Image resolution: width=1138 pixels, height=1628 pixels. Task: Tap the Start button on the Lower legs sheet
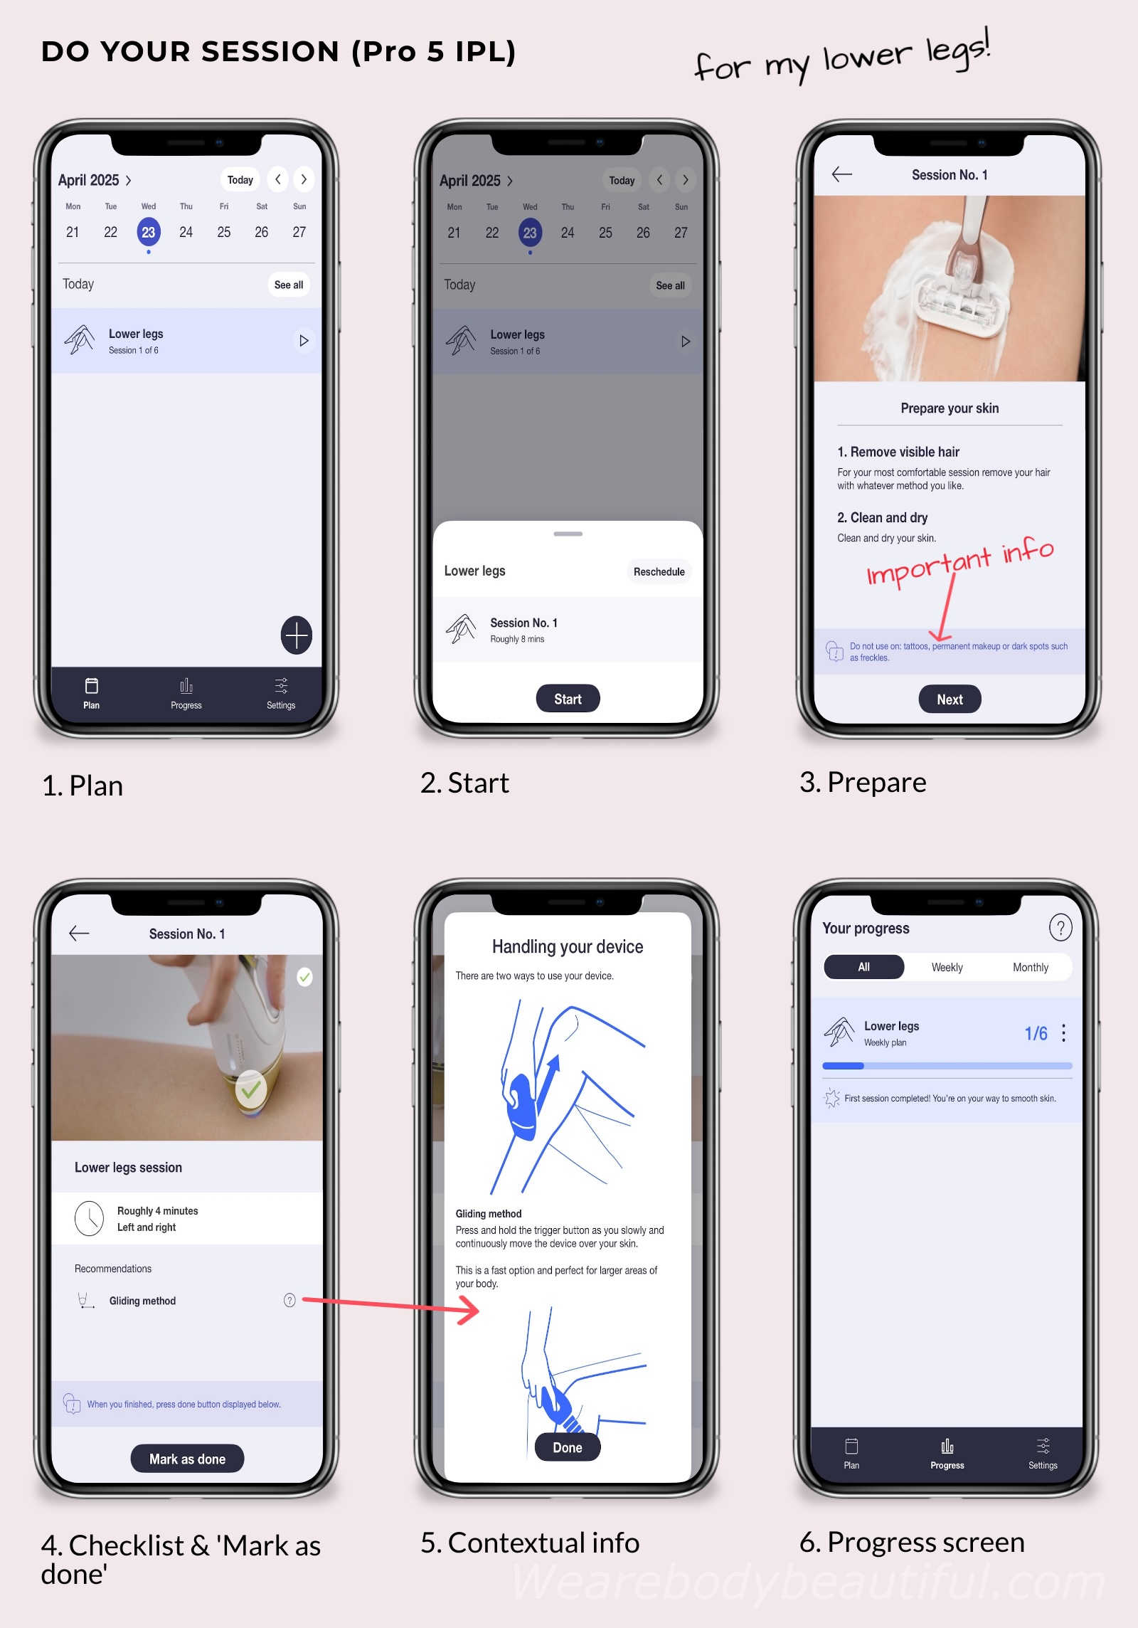568,699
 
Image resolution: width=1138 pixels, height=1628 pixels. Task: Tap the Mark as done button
187,1459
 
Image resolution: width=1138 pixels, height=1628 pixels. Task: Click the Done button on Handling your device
568,1447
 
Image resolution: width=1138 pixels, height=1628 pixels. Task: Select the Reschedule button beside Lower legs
659,571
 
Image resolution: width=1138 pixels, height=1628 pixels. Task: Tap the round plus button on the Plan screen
297,635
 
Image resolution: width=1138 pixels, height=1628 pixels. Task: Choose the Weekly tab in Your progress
947,967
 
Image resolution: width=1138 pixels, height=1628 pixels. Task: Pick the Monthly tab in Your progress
1030,967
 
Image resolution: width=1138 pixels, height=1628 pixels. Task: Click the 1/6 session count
1036,1033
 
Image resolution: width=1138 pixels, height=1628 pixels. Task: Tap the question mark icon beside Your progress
1060,928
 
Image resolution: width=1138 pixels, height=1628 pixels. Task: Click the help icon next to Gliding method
289,1301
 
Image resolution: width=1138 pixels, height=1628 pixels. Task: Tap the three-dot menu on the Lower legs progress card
1063,1033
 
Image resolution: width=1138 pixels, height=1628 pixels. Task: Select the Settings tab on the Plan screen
281,694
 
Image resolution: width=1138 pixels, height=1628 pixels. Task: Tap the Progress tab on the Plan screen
186,694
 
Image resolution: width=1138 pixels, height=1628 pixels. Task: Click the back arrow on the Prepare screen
842,174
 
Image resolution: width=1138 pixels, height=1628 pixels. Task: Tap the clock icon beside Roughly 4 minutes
90,1218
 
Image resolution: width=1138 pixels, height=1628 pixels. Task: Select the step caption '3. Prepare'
863,783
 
